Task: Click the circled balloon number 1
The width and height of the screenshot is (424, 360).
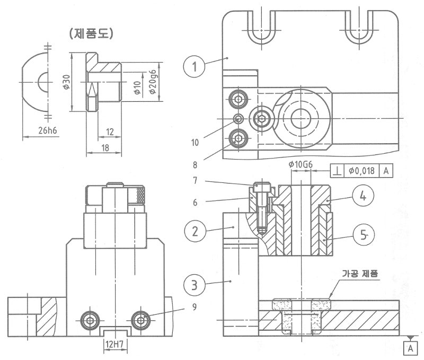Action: point(195,67)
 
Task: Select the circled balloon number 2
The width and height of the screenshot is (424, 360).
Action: point(195,231)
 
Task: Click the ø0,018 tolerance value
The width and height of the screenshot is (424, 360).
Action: point(363,171)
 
